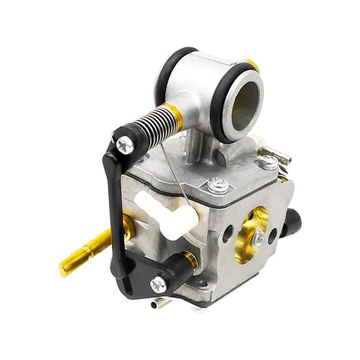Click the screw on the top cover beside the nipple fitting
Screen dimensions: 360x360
coord(267,162)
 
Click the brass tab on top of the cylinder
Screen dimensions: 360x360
coord(251,64)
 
